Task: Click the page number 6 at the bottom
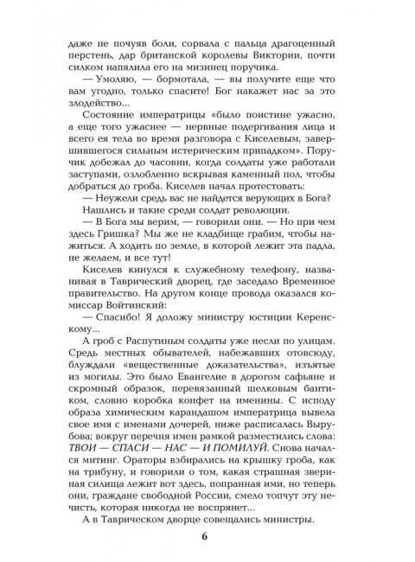click(205, 536)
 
